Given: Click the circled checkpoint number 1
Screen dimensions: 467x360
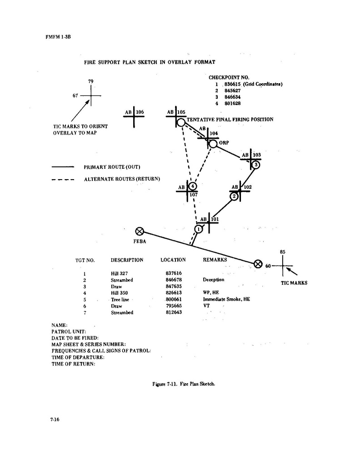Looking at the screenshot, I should (x=199, y=229).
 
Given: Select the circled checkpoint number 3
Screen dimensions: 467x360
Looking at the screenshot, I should (x=256, y=165).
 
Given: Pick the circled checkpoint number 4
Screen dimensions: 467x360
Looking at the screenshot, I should (x=193, y=186).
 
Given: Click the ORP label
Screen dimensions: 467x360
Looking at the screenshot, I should (x=224, y=143).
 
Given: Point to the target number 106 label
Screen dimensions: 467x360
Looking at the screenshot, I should (x=140, y=112).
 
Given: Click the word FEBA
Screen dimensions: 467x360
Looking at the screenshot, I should (x=140, y=241).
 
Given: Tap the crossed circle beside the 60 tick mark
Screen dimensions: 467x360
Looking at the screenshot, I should (x=258, y=263).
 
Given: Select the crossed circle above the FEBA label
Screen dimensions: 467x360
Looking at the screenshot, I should (x=140, y=231).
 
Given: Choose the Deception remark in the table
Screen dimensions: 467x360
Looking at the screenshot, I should (x=213, y=280).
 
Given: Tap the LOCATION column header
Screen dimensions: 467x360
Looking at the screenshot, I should (x=173, y=260).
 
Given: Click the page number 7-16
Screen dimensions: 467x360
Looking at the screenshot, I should (x=55, y=420).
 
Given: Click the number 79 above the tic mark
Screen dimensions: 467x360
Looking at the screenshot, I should (x=91, y=81).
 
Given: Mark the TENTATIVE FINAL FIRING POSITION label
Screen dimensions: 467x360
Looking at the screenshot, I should (x=230, y=120).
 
